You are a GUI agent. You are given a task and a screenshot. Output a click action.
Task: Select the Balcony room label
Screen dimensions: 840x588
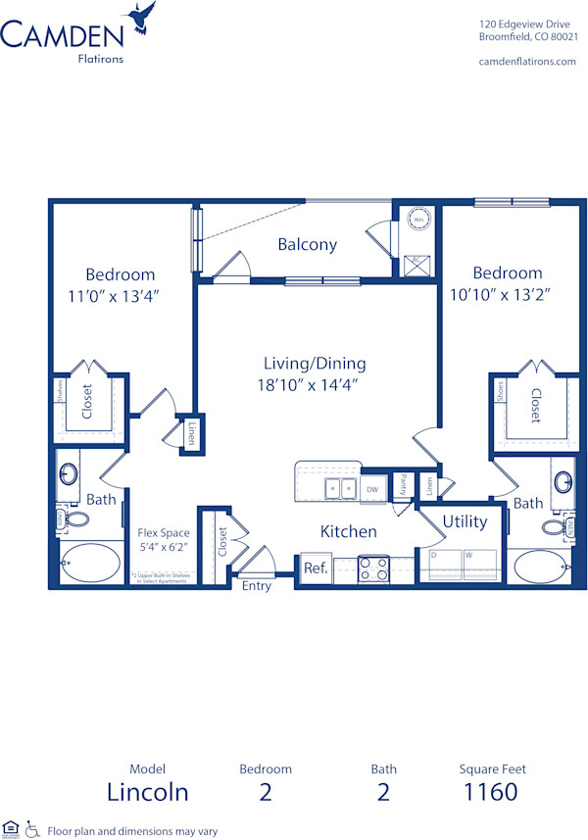[307, 245]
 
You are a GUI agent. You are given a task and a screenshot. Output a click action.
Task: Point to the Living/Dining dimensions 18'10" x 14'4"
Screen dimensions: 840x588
[315, 384]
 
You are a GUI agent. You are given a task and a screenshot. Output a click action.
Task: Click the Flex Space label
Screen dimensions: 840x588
[163, 533]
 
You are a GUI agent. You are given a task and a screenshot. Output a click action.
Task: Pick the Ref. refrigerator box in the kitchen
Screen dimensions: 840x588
[315, 568]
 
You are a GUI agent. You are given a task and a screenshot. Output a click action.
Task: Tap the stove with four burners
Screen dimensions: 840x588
[373, 569]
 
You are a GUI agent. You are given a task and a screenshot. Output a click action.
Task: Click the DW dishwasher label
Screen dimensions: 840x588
[372, 487]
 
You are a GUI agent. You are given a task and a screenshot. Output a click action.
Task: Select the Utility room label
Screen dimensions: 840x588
[465, 521]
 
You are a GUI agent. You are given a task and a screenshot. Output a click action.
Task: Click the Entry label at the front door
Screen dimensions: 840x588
[256, 586]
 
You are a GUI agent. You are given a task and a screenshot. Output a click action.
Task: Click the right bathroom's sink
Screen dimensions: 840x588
[563, 482]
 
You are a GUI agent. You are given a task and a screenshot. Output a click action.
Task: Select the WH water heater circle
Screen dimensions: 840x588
[417, 221]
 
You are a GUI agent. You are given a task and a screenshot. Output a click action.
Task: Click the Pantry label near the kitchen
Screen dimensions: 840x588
[403, 484]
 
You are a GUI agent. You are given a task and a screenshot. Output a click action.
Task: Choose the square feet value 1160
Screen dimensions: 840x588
[491, 791]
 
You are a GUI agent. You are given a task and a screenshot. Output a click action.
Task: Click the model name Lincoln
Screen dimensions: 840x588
[148, 791]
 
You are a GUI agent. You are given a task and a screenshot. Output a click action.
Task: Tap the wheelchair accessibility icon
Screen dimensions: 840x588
[31, 828]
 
